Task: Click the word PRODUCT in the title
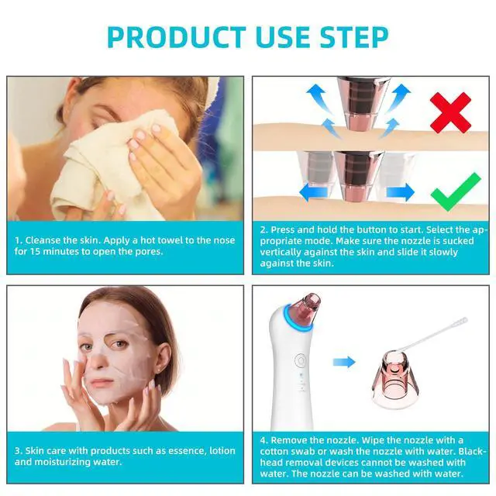point(177,36)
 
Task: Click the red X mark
point(451,112)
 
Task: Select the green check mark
point(456,192)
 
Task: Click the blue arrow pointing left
point(313,192)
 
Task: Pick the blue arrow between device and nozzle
point(344,362)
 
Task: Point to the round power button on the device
point(300,360)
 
